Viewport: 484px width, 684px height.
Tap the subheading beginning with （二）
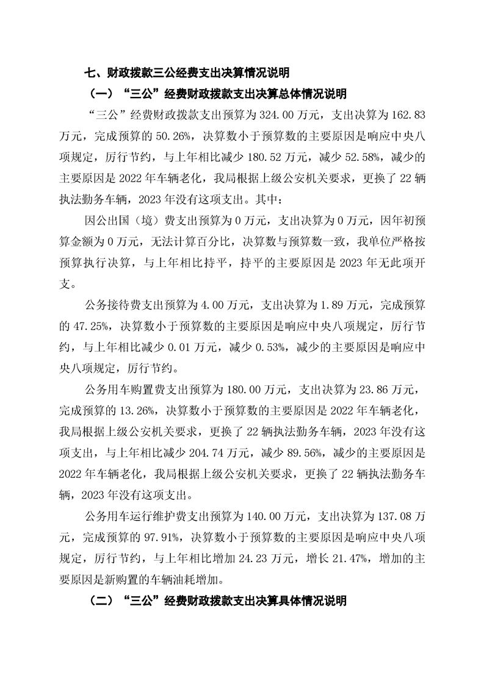(218, 601)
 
